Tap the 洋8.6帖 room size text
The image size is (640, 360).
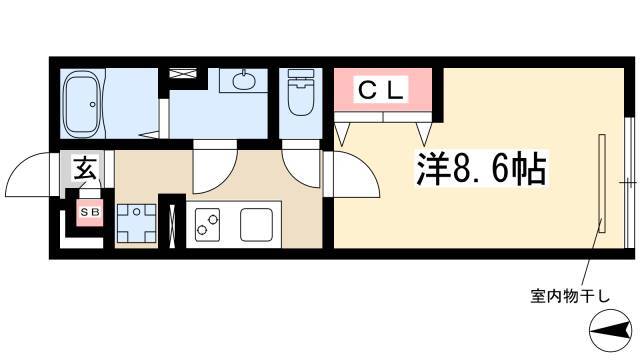tap(481, 169)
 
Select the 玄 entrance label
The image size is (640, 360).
tap(86, 168)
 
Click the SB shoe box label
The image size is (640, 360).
tap(90, 212)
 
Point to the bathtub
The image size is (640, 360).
tap(82, 104)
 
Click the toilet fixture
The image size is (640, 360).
tap(300, 92)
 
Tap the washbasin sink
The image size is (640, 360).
tap(244, 80)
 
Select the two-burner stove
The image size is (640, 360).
tap(207, 225)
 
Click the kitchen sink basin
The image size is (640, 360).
tap(256, 224)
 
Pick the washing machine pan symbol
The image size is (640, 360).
tap(136, 223)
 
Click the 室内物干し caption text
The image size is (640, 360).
tap(569, 296)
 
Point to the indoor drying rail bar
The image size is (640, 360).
tap(602, 183)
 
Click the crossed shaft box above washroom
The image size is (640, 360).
tap(183, 73)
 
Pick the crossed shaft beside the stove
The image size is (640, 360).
tap(172, 224)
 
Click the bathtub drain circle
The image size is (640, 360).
tap(93, 104)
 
